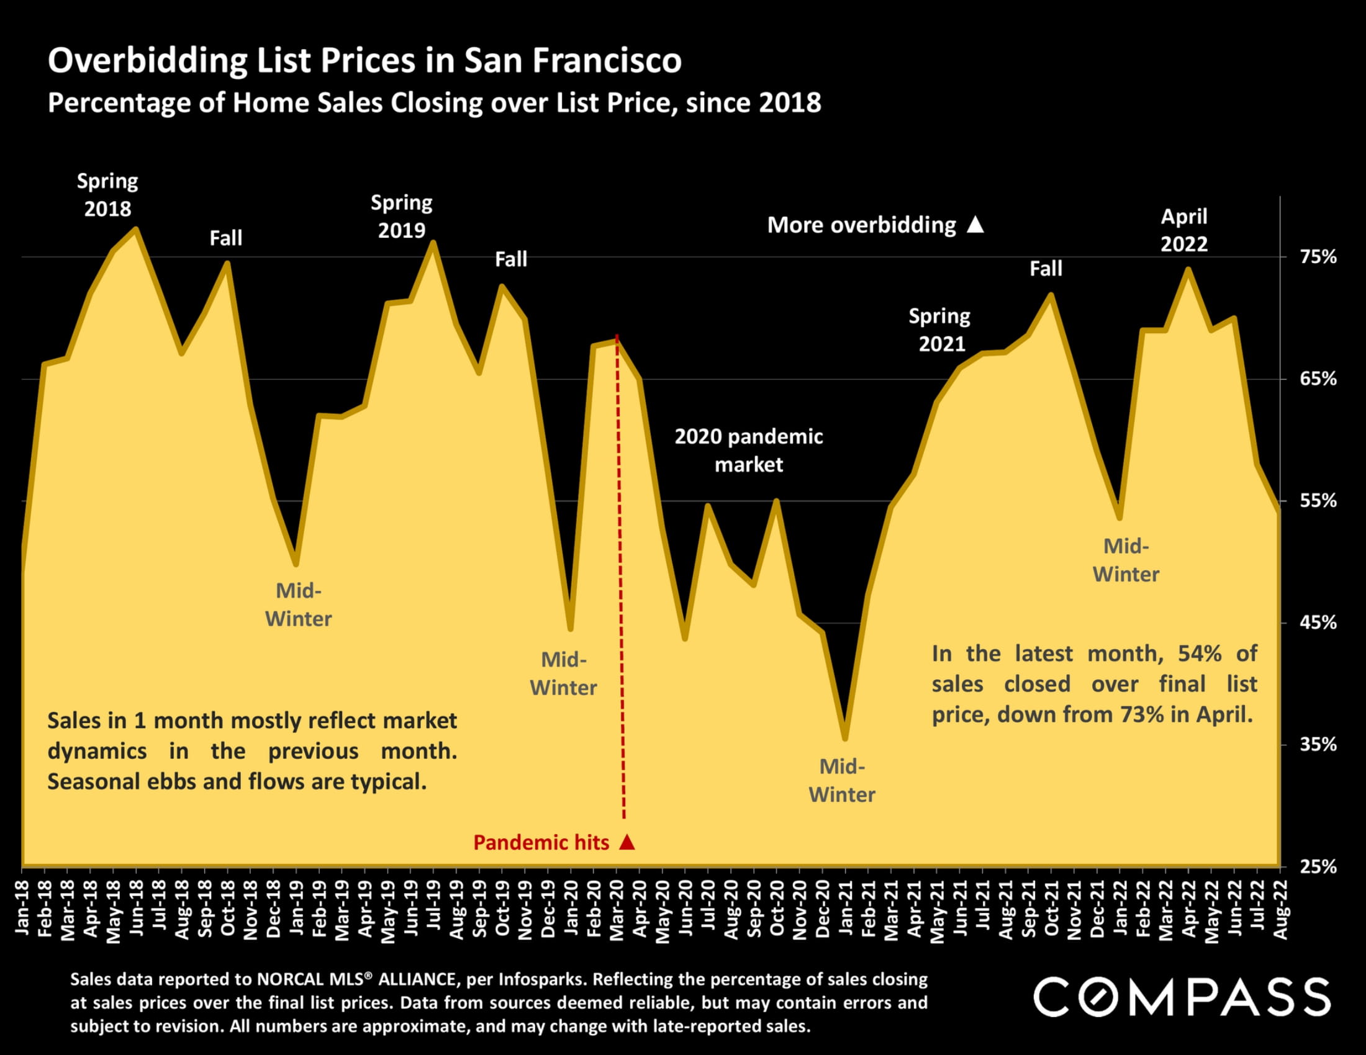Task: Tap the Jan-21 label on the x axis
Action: click(846, 909)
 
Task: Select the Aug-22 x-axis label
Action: click(1280, 909)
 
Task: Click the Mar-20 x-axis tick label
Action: click(617, 909)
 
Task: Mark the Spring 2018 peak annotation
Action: click(107, 194)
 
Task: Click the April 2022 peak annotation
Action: click(1184, 230)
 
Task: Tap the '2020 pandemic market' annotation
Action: click(749, 450)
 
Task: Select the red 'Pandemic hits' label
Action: click(541, 843)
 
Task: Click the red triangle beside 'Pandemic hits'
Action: click(627, 842)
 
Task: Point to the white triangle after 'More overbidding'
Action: click(975, 225)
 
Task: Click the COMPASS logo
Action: click(1182, 997)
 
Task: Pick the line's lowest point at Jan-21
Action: click(846, 738)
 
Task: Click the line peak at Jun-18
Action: click(137, 230)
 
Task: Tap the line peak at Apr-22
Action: click(1188, 269)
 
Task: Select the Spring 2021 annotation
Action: click(940, 330)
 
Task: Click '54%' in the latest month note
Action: click(1200, 653)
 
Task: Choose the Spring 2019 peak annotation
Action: click(402, 216)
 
